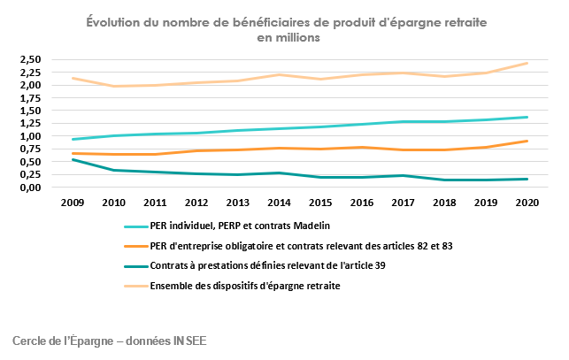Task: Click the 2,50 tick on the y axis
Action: click(30, 59)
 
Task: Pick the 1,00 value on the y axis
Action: click(30, 136)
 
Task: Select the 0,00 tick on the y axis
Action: click(30, 188)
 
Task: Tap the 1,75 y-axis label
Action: click(30, 97)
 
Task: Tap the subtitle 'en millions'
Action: click(288, 39)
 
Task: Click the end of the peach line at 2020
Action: click(527, 63)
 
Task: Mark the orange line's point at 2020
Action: click(527, 141)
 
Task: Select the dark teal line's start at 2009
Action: click(73, 159)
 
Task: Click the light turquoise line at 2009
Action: click(73, 139)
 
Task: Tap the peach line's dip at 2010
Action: click(114, 86)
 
